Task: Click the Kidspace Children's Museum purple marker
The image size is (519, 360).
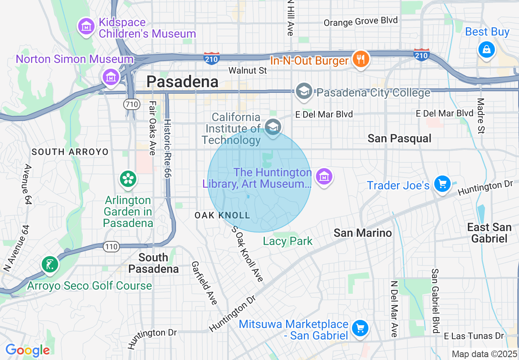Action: [x=86, y=27]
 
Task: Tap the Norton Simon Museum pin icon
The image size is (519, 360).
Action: [x=111, y=76]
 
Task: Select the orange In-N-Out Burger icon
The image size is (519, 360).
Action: [x=360, y=60]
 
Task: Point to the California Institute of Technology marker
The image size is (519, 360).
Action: [x=273, y=127]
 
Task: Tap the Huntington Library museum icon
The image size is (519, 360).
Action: [x=324, y=177]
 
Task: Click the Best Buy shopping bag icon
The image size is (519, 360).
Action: [x=487, y=49]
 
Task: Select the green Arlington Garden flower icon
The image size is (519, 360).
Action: [x=128, y=179]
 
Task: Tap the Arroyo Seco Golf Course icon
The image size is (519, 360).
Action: [x=50, y=264]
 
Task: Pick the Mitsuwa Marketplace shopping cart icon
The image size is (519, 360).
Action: [x=360, y=328]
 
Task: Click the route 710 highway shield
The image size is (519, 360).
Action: [x=132, y=104]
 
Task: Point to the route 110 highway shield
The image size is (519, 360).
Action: [x=111, y=247]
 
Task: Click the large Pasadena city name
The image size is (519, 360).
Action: [x=183, y=82]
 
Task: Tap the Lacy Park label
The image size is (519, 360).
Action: [x=288, y=241]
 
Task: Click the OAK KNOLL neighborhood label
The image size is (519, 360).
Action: [x=222, y=215]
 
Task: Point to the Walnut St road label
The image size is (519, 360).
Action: [x=248, y=70]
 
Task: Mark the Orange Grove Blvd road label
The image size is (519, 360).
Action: [x=361, y=21]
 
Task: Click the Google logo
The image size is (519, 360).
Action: [x=27, y=350]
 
